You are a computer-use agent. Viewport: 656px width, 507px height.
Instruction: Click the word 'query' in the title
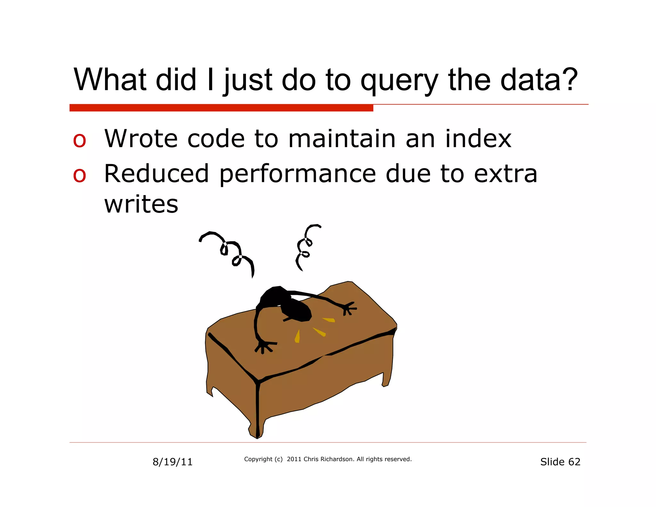tap(399, 81)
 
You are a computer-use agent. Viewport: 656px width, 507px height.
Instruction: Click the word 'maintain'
tap(342, 139)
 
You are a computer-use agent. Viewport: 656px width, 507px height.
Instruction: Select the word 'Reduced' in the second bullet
tap(157, 174)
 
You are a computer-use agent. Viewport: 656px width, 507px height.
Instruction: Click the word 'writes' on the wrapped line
tap(141, 204)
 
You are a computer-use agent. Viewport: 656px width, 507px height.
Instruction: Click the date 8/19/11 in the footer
tap(172, 462)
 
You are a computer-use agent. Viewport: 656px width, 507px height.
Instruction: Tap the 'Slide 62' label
tap(560, 462)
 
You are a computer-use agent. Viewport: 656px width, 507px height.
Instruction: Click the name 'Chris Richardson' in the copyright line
tap(329, 459)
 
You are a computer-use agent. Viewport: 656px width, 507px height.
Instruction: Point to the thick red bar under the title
tap(221, 108)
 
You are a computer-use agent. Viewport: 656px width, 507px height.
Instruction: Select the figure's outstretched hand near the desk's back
tap(348, 308)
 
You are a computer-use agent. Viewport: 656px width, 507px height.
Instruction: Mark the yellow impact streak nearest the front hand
tap(297, 337)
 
